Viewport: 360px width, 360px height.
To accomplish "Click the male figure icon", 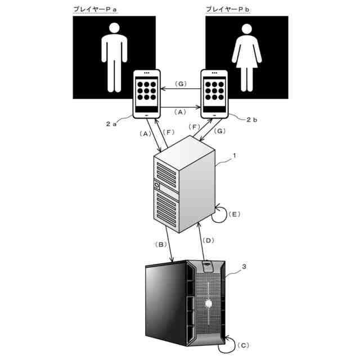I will pos(114,56).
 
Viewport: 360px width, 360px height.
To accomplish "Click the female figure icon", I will pos(246,56).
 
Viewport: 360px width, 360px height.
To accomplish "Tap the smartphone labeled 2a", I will pos(146,92).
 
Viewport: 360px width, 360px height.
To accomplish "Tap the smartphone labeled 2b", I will pos(215,92).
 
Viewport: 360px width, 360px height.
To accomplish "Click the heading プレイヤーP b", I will pos(232,10).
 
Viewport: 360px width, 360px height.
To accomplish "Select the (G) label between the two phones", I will pos(180,84).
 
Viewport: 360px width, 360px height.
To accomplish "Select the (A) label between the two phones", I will pos(180,111).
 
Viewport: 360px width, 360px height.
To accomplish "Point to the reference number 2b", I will pos(251,120).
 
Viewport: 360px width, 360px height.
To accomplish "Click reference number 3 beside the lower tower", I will pos(244,268).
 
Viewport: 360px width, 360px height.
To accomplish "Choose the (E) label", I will pos(235,214).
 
